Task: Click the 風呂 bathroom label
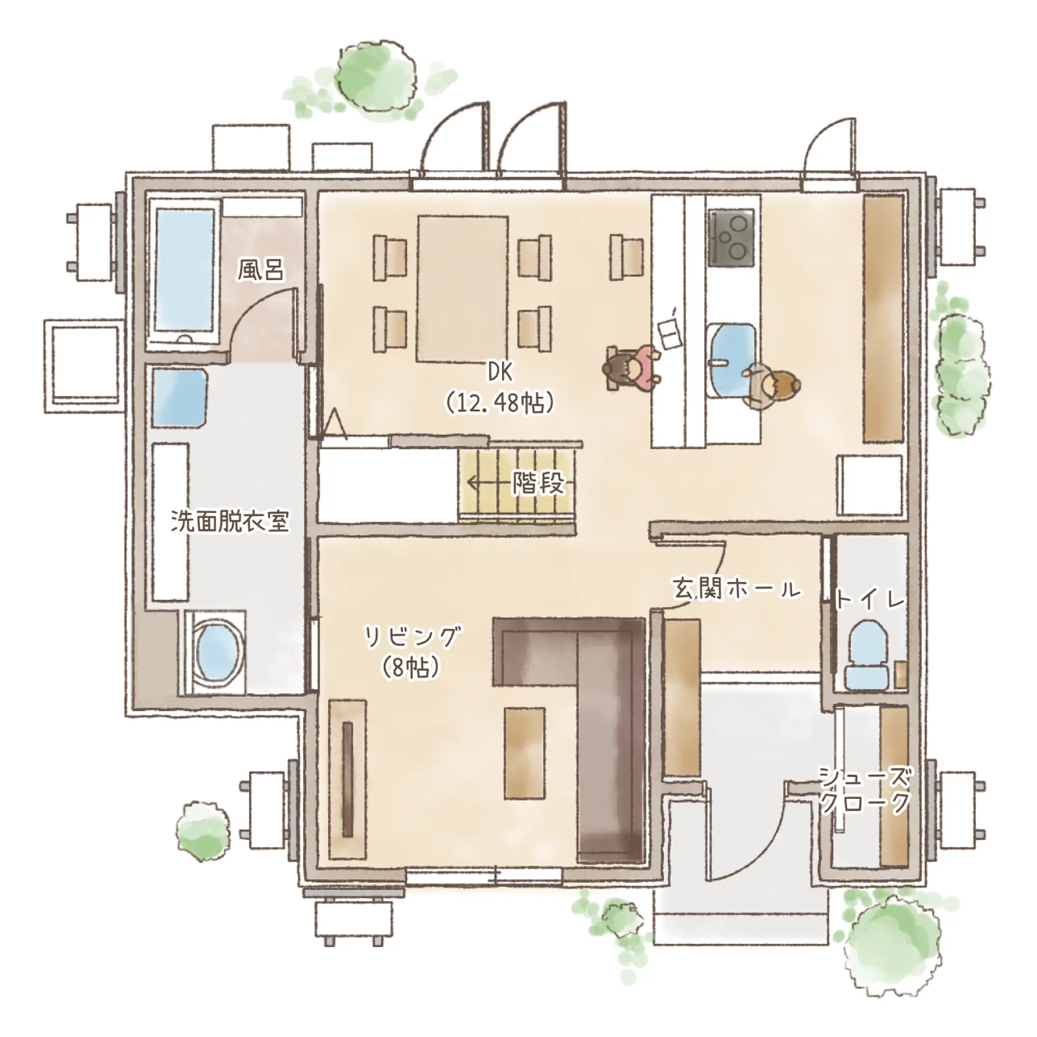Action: click(261, 270)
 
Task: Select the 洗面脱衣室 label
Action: click(230, 521)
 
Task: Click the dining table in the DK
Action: click(463, 289)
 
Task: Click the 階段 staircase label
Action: click(538, 483)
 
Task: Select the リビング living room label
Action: click(412, 637)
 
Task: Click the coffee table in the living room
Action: click(525, 752)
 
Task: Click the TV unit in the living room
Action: click(347, 779)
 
